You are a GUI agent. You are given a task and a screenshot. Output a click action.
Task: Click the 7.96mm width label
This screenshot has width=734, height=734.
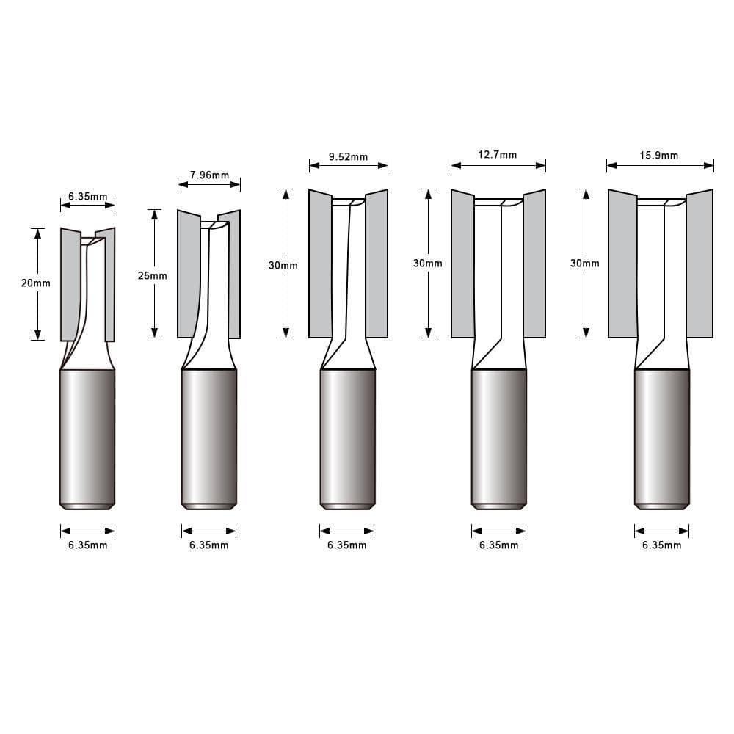[x=209, y=175]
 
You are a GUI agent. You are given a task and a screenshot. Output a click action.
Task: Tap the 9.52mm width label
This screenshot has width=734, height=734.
[x=348, y=156]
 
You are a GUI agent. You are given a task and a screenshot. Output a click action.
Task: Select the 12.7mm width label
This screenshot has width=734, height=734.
[x=498, y=155]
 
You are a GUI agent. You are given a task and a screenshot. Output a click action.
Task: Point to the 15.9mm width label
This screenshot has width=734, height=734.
[x=659, y=155]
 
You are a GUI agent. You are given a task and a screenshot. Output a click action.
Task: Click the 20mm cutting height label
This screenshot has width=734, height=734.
[x=36, y=283]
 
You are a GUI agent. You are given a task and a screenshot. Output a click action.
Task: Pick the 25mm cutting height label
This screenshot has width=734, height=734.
[x=153, y=276]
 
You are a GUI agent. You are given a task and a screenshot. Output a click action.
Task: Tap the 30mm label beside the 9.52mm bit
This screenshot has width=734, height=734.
[x=283, y=265]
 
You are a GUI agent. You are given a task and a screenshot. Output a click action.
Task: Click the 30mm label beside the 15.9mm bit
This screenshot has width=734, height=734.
[x=585, y=263]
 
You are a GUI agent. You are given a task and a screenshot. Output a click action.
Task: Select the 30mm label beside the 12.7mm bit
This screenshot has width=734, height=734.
[x=428, y=263]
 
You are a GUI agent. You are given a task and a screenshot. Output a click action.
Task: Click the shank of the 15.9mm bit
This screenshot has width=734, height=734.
[x=661, y=437]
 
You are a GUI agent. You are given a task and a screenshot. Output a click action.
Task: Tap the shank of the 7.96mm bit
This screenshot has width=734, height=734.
[x=208, y=437]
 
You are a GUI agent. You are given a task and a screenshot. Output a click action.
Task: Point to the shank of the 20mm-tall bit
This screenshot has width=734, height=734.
[x=87, y=437]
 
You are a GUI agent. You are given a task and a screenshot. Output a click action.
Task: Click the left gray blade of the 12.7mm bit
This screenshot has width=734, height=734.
[x=462, y=264]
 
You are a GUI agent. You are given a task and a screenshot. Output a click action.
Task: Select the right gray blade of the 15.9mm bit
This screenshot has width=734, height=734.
[x=700, y=264]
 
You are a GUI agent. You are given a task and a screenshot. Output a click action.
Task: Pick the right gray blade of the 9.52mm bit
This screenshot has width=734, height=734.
[x=377, y=264]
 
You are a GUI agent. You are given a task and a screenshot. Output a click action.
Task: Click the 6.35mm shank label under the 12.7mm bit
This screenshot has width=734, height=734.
[x=498, y=545]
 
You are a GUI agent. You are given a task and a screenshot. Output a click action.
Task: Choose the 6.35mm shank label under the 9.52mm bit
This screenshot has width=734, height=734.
[x=347, y=545]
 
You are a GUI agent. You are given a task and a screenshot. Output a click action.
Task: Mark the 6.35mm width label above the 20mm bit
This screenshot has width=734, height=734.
[x=87, y=197]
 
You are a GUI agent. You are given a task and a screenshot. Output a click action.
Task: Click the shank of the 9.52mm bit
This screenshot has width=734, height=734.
[x=347, y=437]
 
